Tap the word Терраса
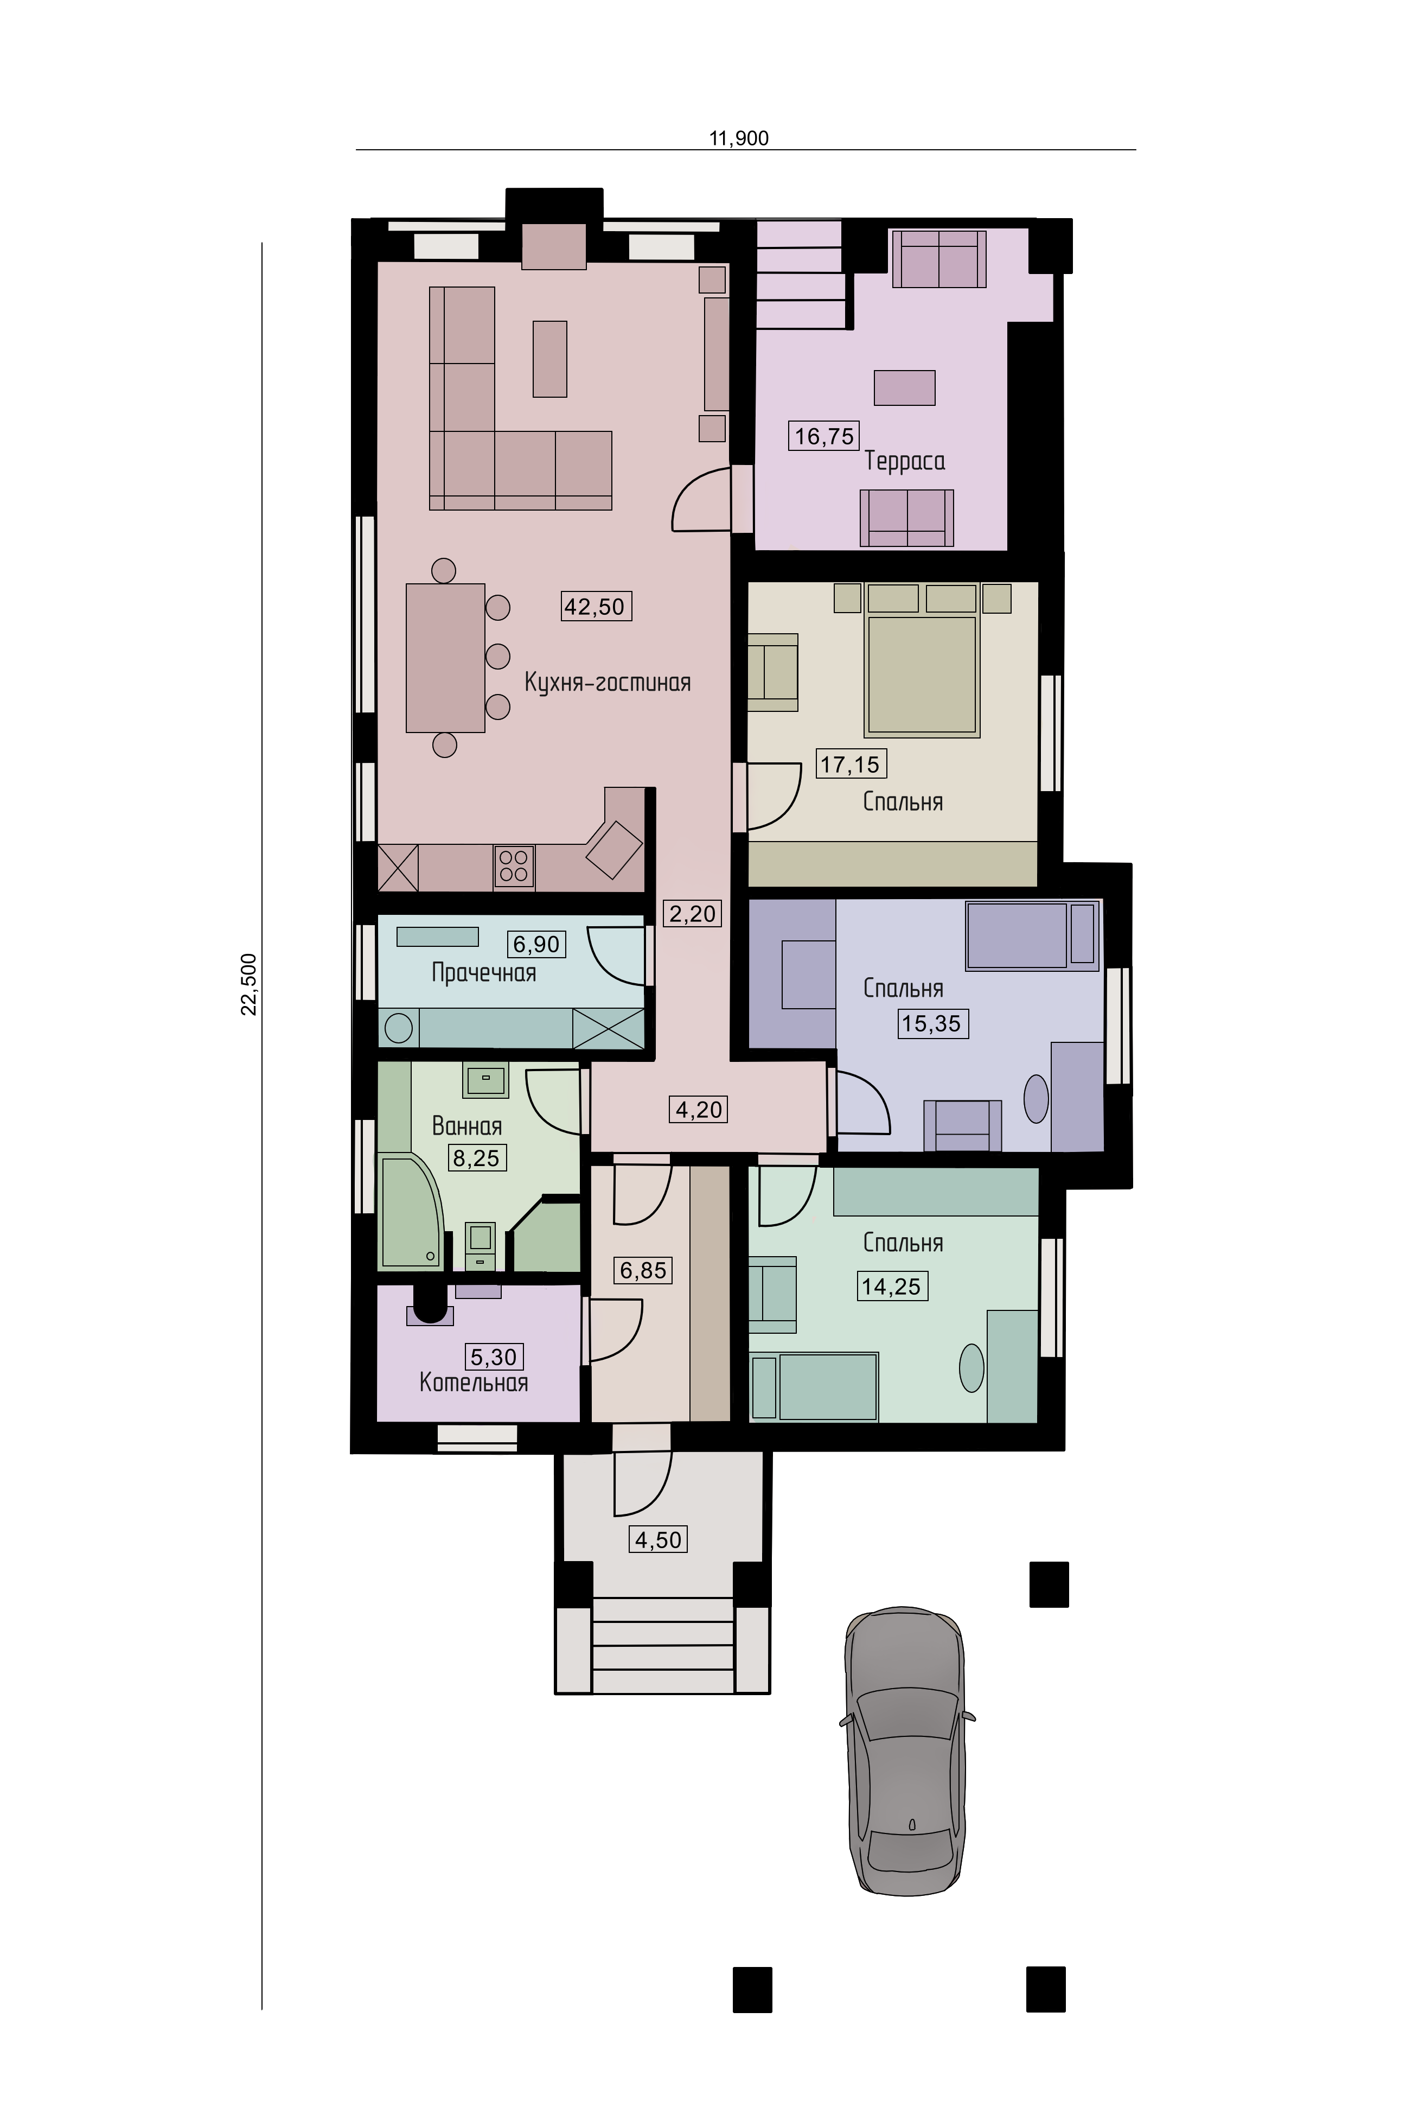[905, 461]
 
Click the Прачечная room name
[483, 973]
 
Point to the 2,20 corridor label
[692, 913]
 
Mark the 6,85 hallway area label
[643, 1270]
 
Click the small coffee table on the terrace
[904, 388]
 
